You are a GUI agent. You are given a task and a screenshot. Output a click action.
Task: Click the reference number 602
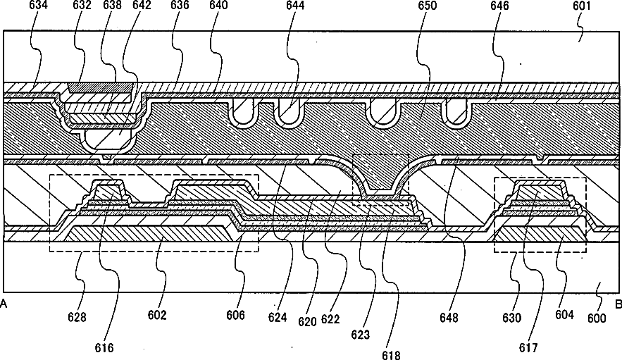[x=157, y=315]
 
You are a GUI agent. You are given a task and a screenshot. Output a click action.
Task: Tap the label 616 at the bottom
[x=104, y=347]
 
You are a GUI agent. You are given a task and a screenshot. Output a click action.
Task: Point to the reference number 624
[x=277, y=318]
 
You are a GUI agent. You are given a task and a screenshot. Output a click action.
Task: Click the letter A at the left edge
[x=4, y=304]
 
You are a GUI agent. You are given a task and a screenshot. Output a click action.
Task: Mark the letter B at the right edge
[x=618, y=304]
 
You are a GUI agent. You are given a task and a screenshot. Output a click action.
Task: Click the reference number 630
[x=512, y=318]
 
